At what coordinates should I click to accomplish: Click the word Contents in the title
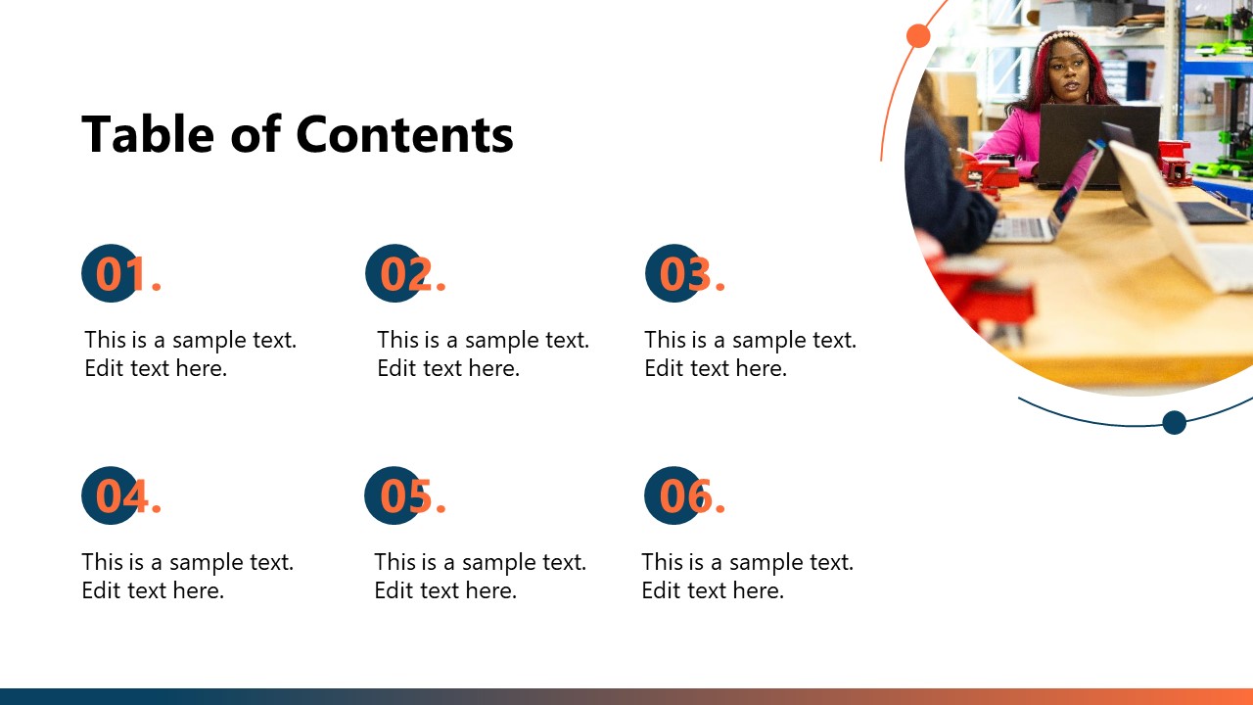pos(404,134)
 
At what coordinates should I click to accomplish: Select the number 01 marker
pos(117,273)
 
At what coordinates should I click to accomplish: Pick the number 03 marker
pos(682,273)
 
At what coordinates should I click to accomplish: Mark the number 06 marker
pos(682,495)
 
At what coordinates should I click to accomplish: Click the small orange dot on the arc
pos(918,36)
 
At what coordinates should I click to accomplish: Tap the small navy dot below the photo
pos(1174,422)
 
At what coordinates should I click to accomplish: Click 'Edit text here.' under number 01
pos(156,368)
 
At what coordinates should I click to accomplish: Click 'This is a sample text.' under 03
pos(750,340)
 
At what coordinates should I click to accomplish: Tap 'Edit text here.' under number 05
pos(445,590)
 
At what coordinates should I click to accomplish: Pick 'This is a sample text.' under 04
pos(187,562)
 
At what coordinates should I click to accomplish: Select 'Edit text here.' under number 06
pos(713,590)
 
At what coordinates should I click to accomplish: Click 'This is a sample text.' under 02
pos(483,340)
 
